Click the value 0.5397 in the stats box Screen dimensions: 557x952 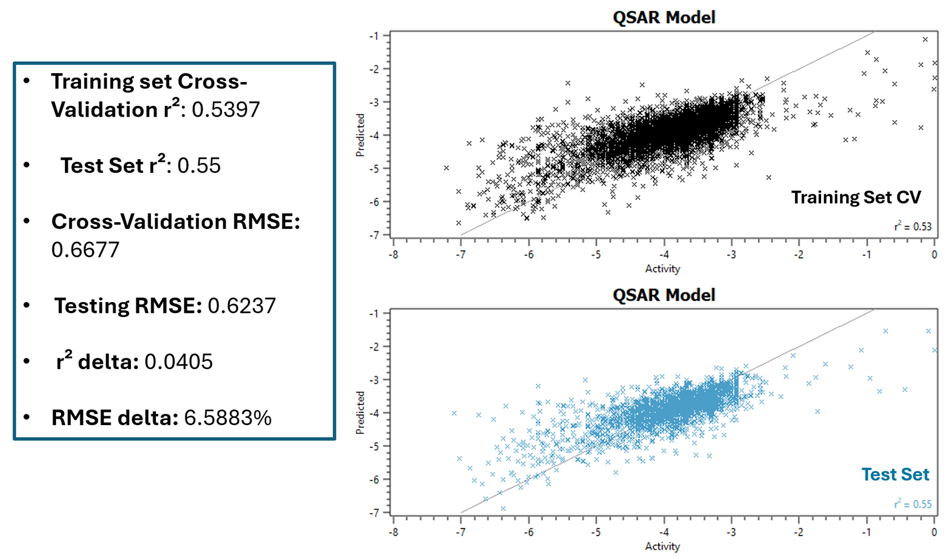point(226,110)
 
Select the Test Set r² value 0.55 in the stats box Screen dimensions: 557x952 point(199,166)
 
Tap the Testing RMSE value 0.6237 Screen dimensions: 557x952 point(242,306)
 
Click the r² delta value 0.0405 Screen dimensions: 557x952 point(178,362)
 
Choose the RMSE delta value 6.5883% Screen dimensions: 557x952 point(227,418)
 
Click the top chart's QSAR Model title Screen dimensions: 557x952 point(663,17)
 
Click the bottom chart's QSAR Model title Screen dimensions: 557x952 point(663,295)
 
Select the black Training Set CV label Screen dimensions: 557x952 point(856,197)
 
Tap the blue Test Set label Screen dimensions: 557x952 point(895,474)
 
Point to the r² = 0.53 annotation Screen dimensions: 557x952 point(912,226)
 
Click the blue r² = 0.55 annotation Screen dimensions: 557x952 point(912,504)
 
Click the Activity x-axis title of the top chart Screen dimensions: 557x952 point(662,269)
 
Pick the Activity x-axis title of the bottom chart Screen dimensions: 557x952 point(662,546)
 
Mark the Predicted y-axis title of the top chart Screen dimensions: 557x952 point(360,136)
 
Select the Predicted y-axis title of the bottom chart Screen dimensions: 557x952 point(360,413)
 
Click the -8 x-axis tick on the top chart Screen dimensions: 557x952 point(393,254)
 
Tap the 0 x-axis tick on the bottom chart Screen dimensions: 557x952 point(934,532)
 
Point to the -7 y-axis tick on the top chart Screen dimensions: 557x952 point(374,235)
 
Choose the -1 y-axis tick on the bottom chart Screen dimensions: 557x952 point(374,313)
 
